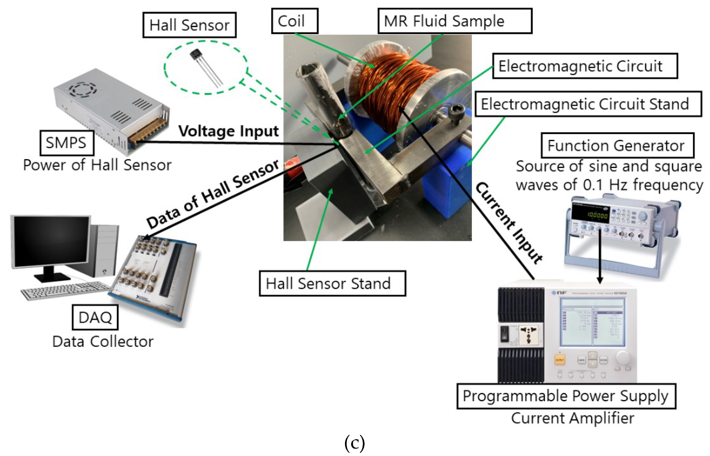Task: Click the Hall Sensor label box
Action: pos(189,25)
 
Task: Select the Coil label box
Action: pos(295,21)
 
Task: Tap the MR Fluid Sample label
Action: pos(455,21)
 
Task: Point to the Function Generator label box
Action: pos(617,145)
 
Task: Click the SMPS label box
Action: pos(67,143)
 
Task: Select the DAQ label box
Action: pos(95,317)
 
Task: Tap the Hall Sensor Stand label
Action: pos(332,283)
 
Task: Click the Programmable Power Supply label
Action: pos(566,396)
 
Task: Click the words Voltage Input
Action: pos(228,131)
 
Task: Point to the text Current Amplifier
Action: pos(572,418)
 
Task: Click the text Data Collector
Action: pos(103,341)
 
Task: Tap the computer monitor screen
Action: pos(51,241)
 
